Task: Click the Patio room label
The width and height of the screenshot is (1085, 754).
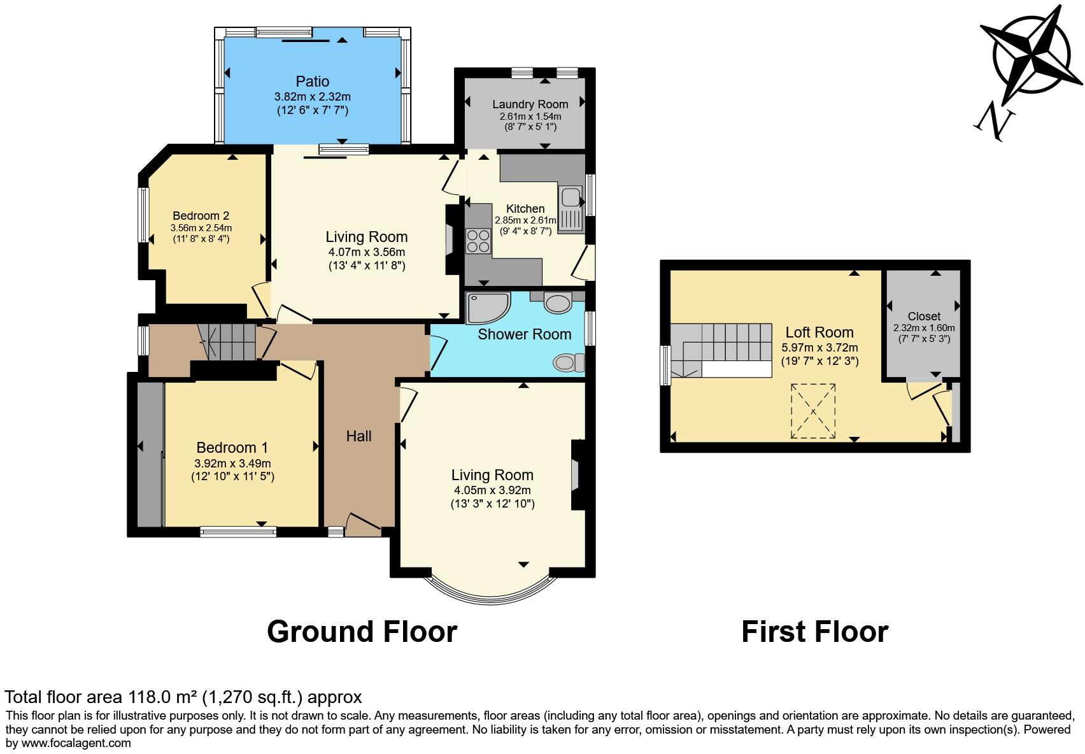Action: (312, 82)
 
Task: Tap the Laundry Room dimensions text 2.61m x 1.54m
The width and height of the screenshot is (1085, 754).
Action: (530, 117)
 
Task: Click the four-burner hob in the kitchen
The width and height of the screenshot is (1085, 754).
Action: (478, 241)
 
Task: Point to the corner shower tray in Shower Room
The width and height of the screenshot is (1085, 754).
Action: (486, 308)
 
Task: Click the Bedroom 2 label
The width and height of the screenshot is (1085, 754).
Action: (201, 216)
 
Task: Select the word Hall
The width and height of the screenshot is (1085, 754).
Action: (358, 436)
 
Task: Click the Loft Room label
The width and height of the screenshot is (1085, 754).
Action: (819, 332)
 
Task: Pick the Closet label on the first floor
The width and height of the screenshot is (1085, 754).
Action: (924, 316)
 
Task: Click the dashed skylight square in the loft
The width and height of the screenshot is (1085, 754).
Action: (813, 411)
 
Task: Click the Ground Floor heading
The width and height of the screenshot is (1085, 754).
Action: (362, 632)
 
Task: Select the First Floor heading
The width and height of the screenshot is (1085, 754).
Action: (814, 632)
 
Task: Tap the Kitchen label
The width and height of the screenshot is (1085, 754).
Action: (525, 209)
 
